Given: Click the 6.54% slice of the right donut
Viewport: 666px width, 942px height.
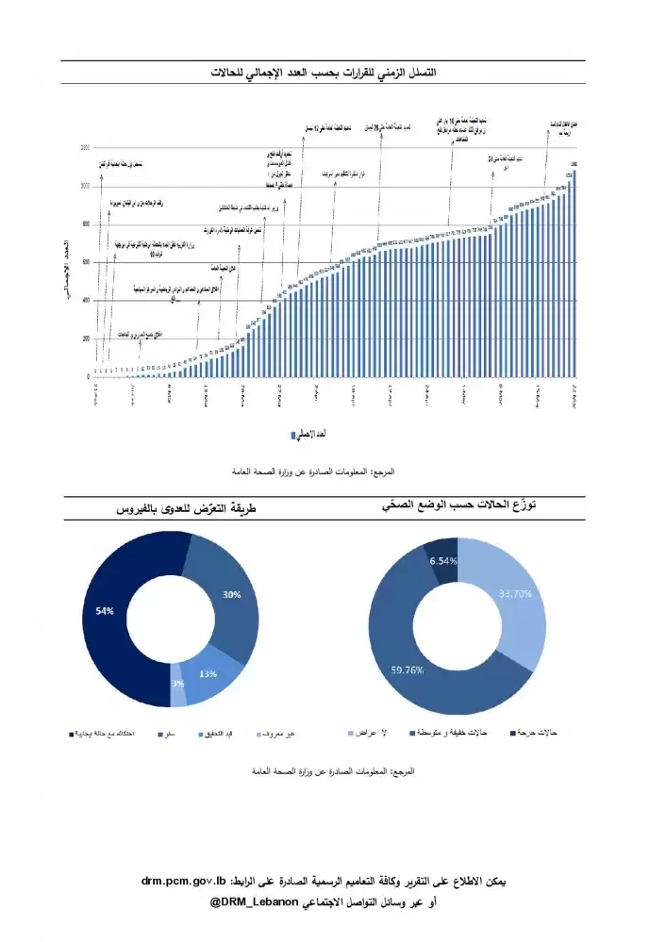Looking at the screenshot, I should coord(442,560).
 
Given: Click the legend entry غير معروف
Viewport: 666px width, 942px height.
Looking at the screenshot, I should coord(276,733).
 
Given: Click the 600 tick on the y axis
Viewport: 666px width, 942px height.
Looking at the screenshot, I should coord(86,262).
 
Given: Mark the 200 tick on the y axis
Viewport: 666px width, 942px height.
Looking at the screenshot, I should coord(86,339).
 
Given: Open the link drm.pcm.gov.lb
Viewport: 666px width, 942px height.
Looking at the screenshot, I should coord(185,881).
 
